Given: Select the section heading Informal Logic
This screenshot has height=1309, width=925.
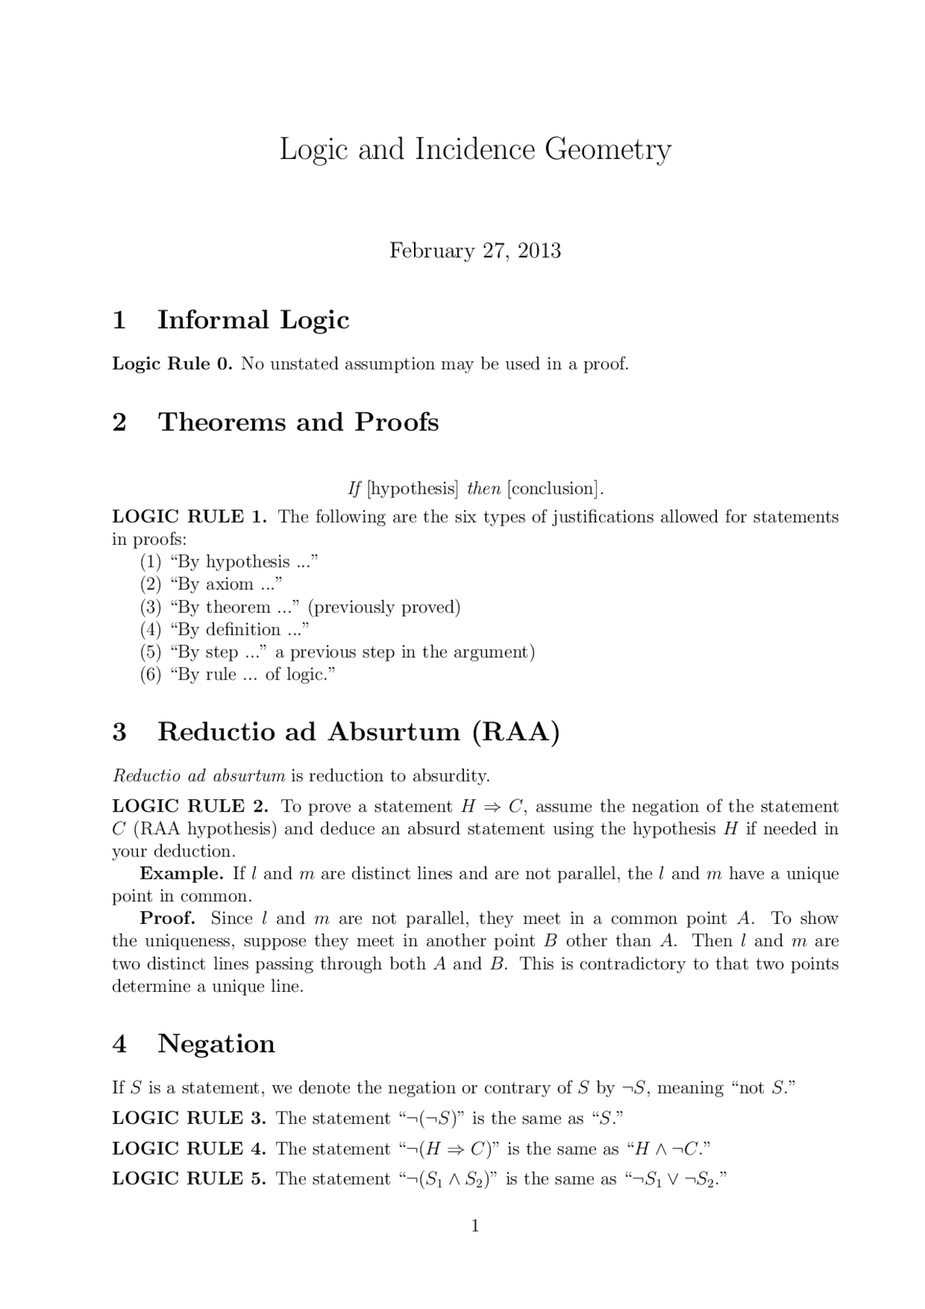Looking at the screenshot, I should (253, 319).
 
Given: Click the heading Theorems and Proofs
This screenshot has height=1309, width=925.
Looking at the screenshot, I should (298, 422).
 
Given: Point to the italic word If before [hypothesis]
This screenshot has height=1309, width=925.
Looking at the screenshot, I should (354, 489).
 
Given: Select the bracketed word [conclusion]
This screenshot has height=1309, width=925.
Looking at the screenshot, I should (554, 489).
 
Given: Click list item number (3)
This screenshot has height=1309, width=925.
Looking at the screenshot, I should (150, 607).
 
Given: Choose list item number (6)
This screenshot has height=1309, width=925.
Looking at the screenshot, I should (150, 674).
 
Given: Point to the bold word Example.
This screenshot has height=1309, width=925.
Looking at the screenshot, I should (181, 873).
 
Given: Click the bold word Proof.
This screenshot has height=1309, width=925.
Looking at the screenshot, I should (168, 918).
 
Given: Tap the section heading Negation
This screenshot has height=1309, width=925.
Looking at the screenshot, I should (216, 1043).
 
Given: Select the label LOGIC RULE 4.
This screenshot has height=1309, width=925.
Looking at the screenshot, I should (189, 1149).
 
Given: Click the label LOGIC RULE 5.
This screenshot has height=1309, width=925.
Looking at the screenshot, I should (189, 1178).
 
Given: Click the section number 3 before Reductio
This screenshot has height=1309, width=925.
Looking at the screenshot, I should (119, 731).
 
